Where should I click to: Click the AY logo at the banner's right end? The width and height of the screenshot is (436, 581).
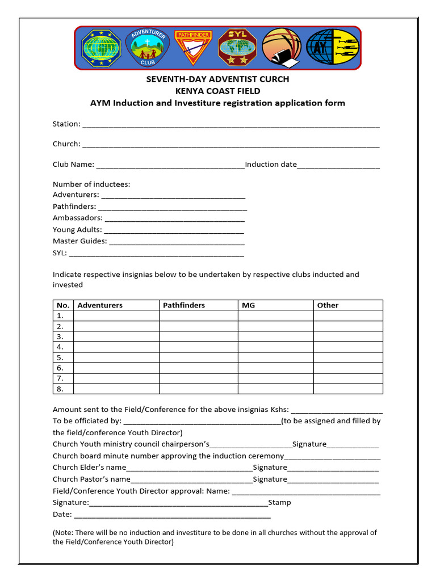332,48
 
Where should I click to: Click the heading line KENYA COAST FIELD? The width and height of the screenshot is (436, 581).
217,91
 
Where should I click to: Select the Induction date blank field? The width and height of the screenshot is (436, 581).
338,165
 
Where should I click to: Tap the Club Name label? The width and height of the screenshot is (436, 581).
73,165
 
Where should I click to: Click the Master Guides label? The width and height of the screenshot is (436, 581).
79,241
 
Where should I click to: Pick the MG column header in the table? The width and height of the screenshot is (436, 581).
248,305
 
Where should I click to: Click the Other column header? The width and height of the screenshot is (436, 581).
328,305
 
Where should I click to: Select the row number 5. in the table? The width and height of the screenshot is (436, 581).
60,357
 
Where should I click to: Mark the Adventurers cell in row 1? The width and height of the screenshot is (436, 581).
116,315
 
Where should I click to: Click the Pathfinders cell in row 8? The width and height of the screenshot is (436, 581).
198,389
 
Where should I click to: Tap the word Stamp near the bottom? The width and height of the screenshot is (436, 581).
279,503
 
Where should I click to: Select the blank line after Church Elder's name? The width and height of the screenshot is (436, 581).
189,468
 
